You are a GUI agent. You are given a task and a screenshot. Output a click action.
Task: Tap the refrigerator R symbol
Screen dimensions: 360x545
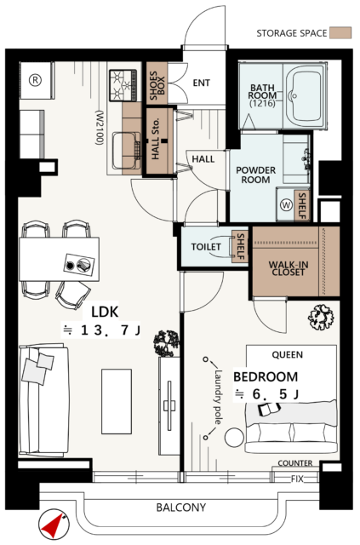(35, 80)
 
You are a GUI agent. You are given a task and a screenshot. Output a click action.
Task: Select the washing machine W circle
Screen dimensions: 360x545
(286, 204)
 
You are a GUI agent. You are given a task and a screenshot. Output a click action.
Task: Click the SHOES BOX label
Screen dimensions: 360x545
(157, 83)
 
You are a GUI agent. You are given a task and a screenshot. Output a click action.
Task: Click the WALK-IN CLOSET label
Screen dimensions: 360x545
(288, 268)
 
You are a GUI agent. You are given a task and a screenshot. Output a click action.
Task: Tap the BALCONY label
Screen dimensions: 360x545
(180, 508)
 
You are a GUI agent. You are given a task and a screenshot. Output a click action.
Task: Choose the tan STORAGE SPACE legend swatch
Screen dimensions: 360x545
(340, 33)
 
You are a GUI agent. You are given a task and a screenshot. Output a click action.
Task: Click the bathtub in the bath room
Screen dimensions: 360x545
(305, 96)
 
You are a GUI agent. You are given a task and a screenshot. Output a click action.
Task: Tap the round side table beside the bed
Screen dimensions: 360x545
(234, 438)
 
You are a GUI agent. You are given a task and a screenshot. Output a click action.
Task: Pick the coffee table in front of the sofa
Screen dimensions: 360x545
(117, 401)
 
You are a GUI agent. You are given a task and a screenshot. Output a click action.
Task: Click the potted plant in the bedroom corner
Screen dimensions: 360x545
(321, 316)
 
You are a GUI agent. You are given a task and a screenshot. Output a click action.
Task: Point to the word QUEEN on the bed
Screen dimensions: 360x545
(288, 355)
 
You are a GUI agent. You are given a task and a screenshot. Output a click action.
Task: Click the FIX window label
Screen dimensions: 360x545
(297, 479)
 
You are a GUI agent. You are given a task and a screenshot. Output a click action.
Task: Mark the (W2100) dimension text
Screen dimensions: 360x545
(100, 128)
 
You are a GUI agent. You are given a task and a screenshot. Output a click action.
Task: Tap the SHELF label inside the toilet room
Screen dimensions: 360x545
(241, 246)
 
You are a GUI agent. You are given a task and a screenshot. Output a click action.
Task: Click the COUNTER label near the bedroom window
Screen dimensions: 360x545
(295, 463)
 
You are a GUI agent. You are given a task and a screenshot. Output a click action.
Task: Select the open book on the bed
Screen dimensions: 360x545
(269, 409)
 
